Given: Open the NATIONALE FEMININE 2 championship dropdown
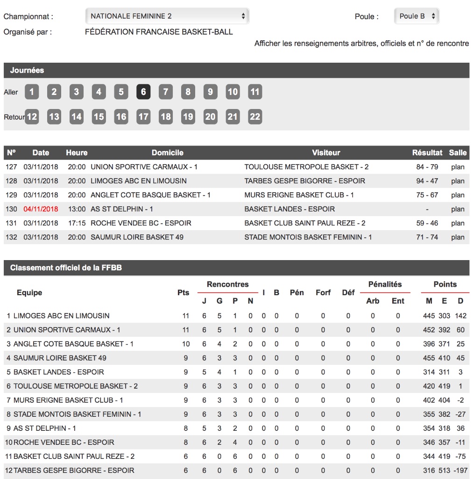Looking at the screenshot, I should coord(167,16).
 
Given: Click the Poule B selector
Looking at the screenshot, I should coord(417,16).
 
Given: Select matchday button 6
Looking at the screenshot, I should coord(143,92).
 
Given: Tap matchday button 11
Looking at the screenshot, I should coord(254,92).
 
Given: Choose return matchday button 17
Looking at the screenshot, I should coord(143,116).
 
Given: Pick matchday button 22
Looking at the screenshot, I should coord(254,116).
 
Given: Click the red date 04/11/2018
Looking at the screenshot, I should coord(41,209).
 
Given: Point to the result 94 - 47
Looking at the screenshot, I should coord(427,181).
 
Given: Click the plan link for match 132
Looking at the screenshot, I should coord(458,237).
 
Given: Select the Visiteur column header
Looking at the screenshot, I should coord(326,152).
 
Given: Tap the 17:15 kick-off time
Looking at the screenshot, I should coord(77,223).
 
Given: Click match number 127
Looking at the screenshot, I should coord(11,167).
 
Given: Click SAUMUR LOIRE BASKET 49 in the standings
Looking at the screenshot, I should coord(60,358).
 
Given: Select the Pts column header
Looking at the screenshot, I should coord(184,292).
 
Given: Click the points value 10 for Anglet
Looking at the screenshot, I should coord(186,344).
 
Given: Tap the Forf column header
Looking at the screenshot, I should coord(323,292).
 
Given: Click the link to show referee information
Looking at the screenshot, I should coord(361,44).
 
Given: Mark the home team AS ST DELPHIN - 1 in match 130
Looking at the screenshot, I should coord(122,209).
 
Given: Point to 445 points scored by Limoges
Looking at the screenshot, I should coord(429,316).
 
